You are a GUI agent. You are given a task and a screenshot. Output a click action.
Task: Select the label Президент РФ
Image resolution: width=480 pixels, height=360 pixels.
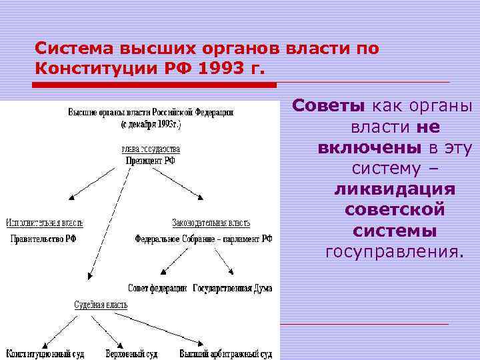(x=150, y=161)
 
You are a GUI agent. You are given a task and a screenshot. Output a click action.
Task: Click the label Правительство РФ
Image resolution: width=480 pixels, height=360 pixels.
(x=41, y=238)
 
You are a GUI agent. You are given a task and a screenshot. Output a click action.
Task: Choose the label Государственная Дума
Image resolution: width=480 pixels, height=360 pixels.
(x=232, y=288)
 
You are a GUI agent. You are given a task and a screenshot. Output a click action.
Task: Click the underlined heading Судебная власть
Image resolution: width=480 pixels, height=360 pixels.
(x=100, y=305)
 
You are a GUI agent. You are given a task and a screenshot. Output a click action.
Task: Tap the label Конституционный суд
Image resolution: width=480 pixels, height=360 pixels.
(x=45, y=353)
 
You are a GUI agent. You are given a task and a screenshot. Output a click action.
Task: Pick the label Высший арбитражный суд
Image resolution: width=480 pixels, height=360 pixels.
(x=225, y=353)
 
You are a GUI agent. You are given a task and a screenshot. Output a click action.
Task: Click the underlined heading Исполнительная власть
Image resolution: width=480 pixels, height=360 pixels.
(x=45, y=222)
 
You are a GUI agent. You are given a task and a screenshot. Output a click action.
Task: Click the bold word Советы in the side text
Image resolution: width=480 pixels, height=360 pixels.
(x=329, y=106)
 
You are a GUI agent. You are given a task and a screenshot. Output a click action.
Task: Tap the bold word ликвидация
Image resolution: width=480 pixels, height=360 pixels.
(x=395, y=189)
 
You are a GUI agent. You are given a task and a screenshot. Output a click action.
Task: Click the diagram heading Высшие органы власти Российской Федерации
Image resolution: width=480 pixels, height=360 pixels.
(x=150, y=112)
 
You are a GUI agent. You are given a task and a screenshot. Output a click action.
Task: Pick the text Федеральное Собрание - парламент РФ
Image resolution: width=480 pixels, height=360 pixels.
(x=203, y=238)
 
